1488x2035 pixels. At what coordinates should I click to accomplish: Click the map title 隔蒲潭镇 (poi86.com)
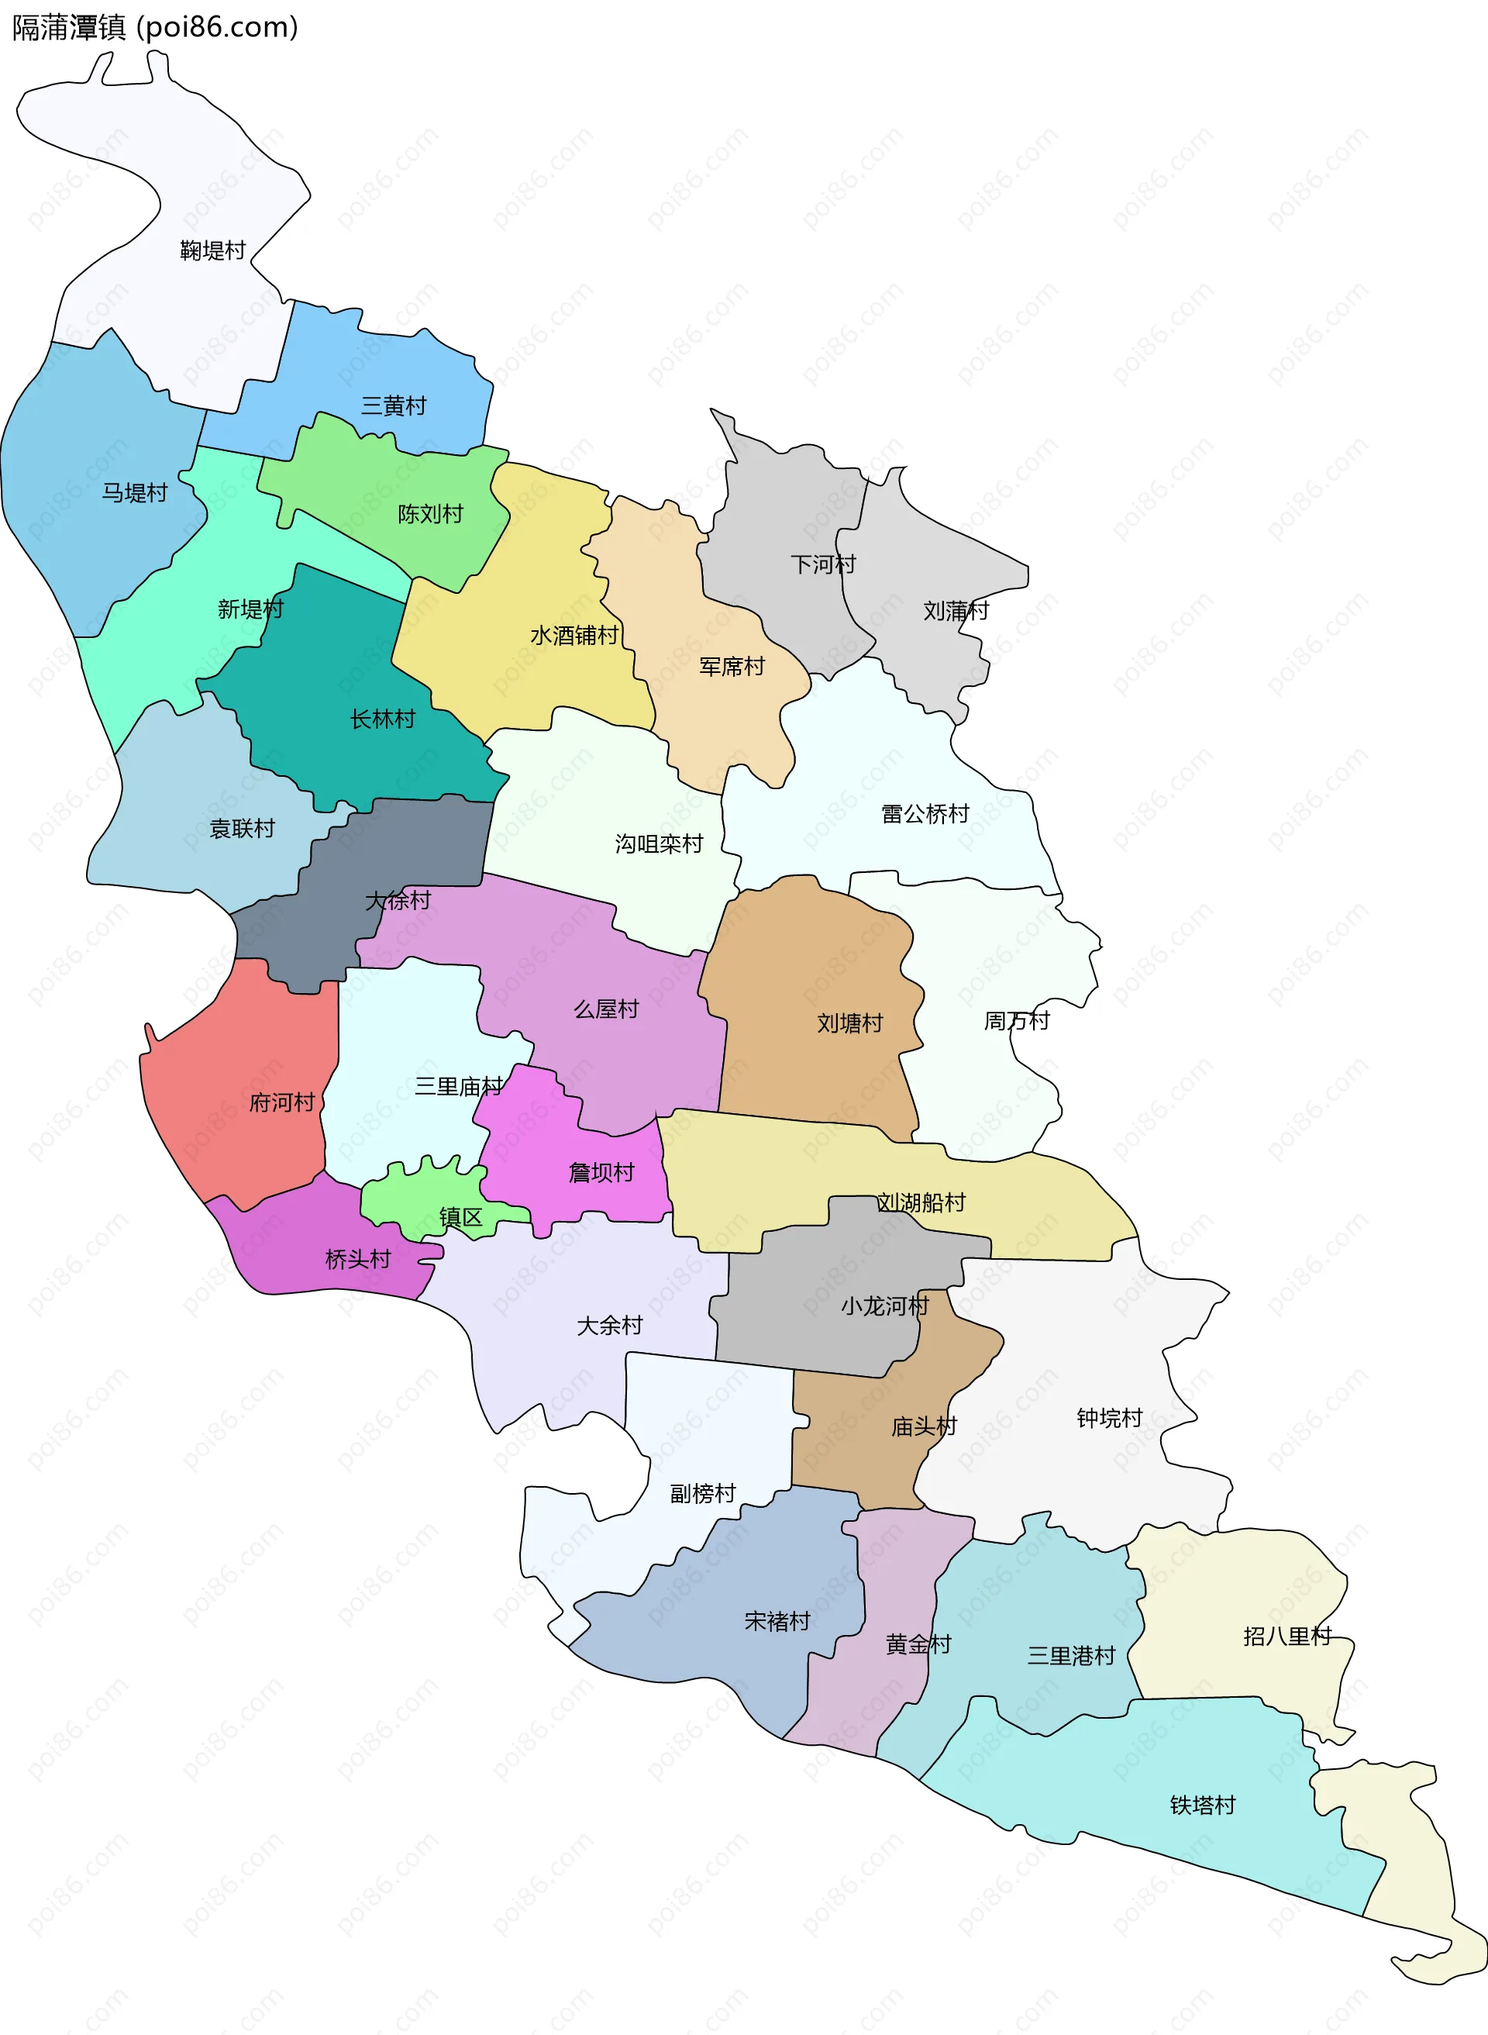point(155,28)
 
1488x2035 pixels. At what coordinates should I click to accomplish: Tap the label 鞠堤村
point(212,250)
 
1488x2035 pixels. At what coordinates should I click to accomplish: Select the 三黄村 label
point(394,406)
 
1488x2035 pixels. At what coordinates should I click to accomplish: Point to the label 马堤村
point(135,493)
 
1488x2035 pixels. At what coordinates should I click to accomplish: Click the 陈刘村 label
point(431,515)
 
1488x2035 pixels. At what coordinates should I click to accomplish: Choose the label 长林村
point(383,719)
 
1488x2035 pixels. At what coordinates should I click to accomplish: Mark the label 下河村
point(822,565)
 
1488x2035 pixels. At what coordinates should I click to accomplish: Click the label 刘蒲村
point(956,612)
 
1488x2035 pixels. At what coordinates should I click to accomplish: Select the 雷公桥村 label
point(925,814)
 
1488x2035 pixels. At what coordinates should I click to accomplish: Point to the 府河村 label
point(282,1102)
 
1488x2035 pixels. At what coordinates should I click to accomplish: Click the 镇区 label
point(460,1218)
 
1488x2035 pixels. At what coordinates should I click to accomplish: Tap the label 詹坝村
point(601,1173)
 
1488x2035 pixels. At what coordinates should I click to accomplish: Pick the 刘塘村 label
point(849,1023)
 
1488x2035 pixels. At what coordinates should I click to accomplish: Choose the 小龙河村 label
point(884,1306)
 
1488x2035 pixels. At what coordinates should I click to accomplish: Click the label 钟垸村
point(1110,1419)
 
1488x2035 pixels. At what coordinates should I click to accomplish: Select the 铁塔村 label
point(1203,1806)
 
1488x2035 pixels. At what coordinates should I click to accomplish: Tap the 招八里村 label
point(1287,1637)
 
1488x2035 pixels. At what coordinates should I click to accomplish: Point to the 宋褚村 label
point(777,1622)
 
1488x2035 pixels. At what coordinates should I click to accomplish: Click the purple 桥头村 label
point(357,1260)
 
